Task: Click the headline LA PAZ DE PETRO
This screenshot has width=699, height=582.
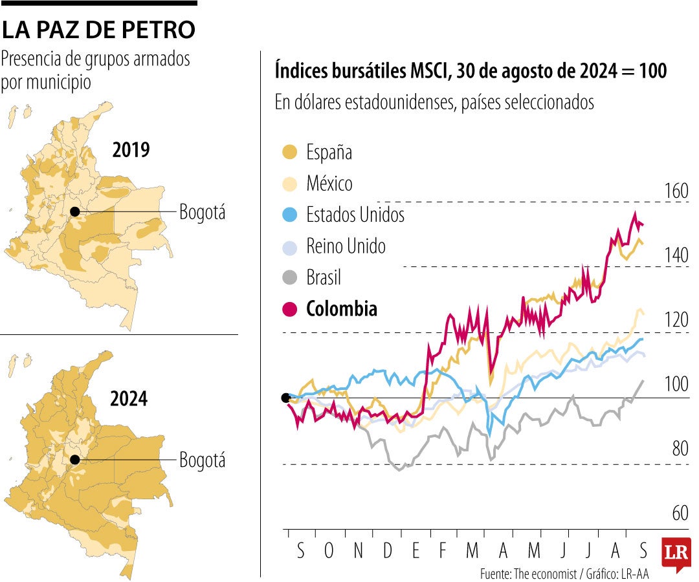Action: [x=98, y=29]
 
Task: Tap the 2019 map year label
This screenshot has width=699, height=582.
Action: [x=131, y=150]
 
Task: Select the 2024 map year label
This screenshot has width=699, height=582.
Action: [x=129, y=399]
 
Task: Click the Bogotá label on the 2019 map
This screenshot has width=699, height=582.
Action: [x=202, y=212]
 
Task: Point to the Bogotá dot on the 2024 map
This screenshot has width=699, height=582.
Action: [x=75, y=460]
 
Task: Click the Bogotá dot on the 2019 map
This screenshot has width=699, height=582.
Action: [x=75, y=211]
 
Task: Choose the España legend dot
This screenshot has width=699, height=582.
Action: [x=291, y=153]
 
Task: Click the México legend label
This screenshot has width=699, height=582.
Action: [x=329, y=184]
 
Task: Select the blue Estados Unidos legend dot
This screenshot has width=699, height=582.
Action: [x=291, y=215]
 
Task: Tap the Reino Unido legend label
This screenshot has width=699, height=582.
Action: [x=346, y=246]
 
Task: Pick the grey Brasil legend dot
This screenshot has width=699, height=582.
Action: [x=291, y=277]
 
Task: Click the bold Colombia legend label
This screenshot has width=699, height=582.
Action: [x=341, y=309]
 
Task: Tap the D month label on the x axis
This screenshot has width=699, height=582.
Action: [x=387, y=551]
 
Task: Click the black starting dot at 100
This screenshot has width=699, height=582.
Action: [x=285, y=398]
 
